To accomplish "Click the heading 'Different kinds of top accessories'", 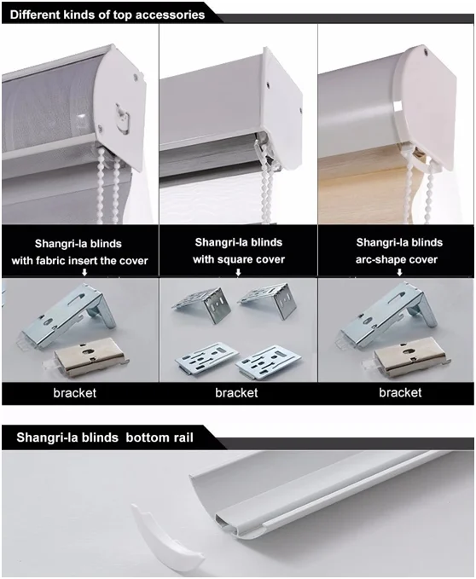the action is (x=107, y=14).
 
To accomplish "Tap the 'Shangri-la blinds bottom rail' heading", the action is (x=105, y=437).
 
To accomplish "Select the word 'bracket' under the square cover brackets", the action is (x=236, y=392).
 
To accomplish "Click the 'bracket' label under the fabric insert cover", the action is (x=74, y=392).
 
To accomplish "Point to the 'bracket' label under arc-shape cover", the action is (x=400, y=392).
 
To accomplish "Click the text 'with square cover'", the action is (x=239, y=259).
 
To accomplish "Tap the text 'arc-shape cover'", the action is (x=397, y=259).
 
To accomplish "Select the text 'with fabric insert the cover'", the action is (x=79, y=261).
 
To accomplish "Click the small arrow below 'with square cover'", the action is (x=239, y=272).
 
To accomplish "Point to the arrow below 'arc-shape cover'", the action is (x=399, y=272).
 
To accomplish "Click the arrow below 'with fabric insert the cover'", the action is (x=84, y=273).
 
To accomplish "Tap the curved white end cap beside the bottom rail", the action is (x=166, y=532).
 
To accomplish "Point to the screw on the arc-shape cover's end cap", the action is (x=427, y=52).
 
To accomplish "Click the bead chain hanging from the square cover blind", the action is (x=268, y=185).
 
